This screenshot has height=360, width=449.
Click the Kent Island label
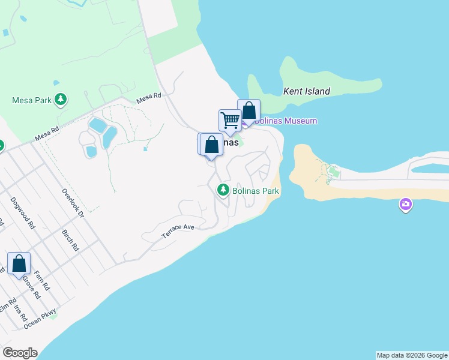(306, 92)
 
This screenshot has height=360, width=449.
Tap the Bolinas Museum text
(286, 121)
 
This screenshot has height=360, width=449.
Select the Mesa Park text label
(32, 100)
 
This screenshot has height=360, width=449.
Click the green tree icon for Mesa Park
(60, 100)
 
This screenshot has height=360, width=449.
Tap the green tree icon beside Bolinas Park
(223, 190)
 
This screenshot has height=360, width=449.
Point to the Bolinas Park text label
(256, 191)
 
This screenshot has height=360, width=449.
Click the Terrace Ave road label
(179, 232)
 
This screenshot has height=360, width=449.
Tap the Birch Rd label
(70, 239)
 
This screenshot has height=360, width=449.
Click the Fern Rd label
(41, 280)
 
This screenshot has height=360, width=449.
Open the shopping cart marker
(230, 120)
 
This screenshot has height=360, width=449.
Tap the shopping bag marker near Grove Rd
(19, 263)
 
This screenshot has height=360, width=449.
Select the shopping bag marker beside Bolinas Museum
(249, 111)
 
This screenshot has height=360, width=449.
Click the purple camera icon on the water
(406, 206)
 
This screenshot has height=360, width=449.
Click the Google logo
(20, 353)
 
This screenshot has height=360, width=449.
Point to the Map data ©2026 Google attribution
(412, 355)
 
